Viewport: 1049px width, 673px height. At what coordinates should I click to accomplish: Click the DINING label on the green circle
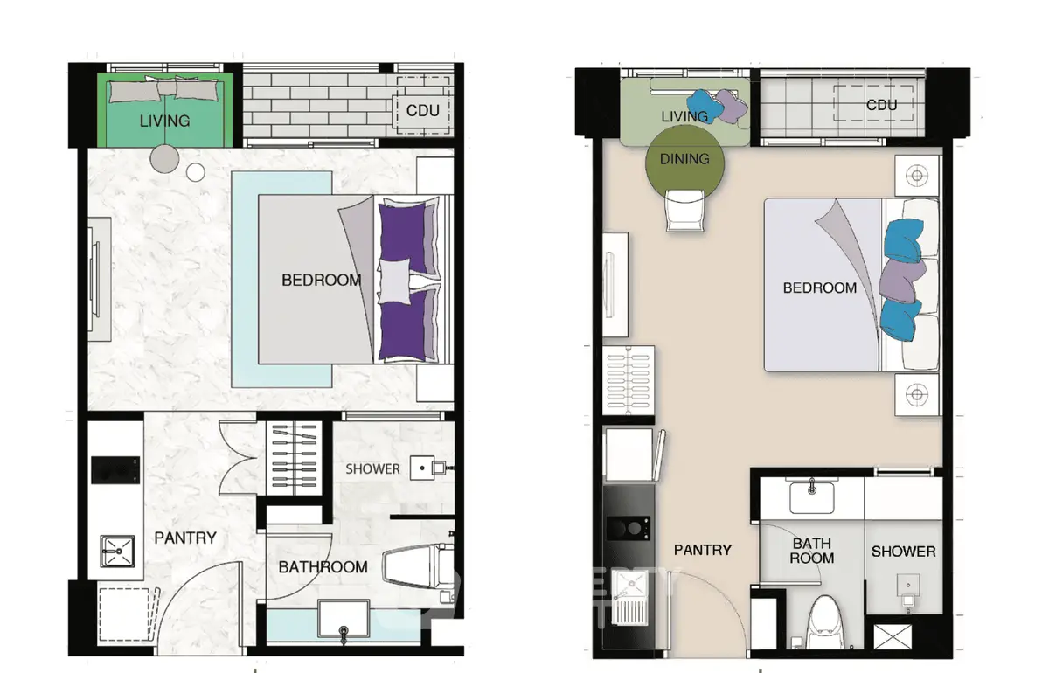(x=684, y=159)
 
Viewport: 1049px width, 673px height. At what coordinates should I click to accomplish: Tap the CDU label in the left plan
(x=422, y=111)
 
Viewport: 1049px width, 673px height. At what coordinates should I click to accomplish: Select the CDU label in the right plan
(x=881, y=105)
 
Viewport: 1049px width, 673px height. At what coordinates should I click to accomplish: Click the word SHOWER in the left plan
(x=372, y=468)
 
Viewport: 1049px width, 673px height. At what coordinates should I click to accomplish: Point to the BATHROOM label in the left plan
(x=323, y=567)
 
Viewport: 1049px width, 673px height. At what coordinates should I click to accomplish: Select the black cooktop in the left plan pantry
(x=115, y=470)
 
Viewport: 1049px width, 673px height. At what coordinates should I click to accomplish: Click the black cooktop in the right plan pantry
(x=628, y=528)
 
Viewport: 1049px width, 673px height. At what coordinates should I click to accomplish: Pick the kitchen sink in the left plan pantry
(x=117, y=551)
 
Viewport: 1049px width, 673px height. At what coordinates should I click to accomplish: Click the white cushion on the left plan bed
(x=394, y=281)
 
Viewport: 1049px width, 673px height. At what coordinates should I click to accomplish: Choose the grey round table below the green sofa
(x=164, y=159)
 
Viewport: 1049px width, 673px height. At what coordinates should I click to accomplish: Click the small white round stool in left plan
(x=195, y=172)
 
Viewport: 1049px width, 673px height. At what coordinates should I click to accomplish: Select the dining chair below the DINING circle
(x=684, y=211)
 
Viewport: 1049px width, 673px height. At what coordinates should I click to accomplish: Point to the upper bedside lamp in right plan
(x=917, y=176)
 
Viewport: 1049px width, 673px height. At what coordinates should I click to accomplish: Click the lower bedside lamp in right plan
(x=917, y=394)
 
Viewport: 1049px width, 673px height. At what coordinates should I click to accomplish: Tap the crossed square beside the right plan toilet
(x=893, y=637)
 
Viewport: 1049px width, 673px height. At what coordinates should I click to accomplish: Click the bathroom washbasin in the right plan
(x=812, y=497)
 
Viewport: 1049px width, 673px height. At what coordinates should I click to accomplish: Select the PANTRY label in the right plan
(x=703, y=550)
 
